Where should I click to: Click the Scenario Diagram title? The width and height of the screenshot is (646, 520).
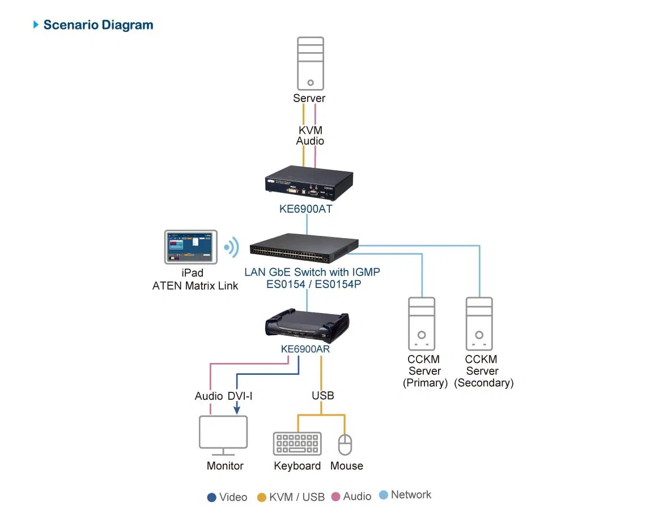click(98, 25)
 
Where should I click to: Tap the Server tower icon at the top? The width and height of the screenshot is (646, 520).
click(311, 64)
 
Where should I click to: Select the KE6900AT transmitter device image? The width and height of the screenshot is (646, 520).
click(309, 183)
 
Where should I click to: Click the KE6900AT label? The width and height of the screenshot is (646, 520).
click(305, 209)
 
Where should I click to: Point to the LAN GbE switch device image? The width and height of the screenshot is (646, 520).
click(304, 248)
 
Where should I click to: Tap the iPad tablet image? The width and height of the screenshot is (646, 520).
click(191, 247)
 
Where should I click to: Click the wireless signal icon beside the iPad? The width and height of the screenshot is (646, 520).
click(232, 247)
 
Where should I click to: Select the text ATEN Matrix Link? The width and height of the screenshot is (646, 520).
click(195, 286)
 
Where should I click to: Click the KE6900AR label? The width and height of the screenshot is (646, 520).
click(305, 349)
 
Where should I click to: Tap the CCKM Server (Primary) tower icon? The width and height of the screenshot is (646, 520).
click(422, 324)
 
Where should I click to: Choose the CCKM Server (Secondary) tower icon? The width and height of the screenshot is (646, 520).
click(479, 324)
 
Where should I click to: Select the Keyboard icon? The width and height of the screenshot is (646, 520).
click(297, 443)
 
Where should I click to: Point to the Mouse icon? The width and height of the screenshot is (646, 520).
click(345, 445)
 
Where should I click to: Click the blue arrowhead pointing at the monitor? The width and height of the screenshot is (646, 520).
click(237, 409)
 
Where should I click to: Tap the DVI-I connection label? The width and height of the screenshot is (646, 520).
click(240, 396)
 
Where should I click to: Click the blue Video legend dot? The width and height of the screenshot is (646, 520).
click(212, 497)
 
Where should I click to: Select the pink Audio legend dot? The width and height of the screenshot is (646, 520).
click(336, 497)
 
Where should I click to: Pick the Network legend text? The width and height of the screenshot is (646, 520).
click(411, 495)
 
